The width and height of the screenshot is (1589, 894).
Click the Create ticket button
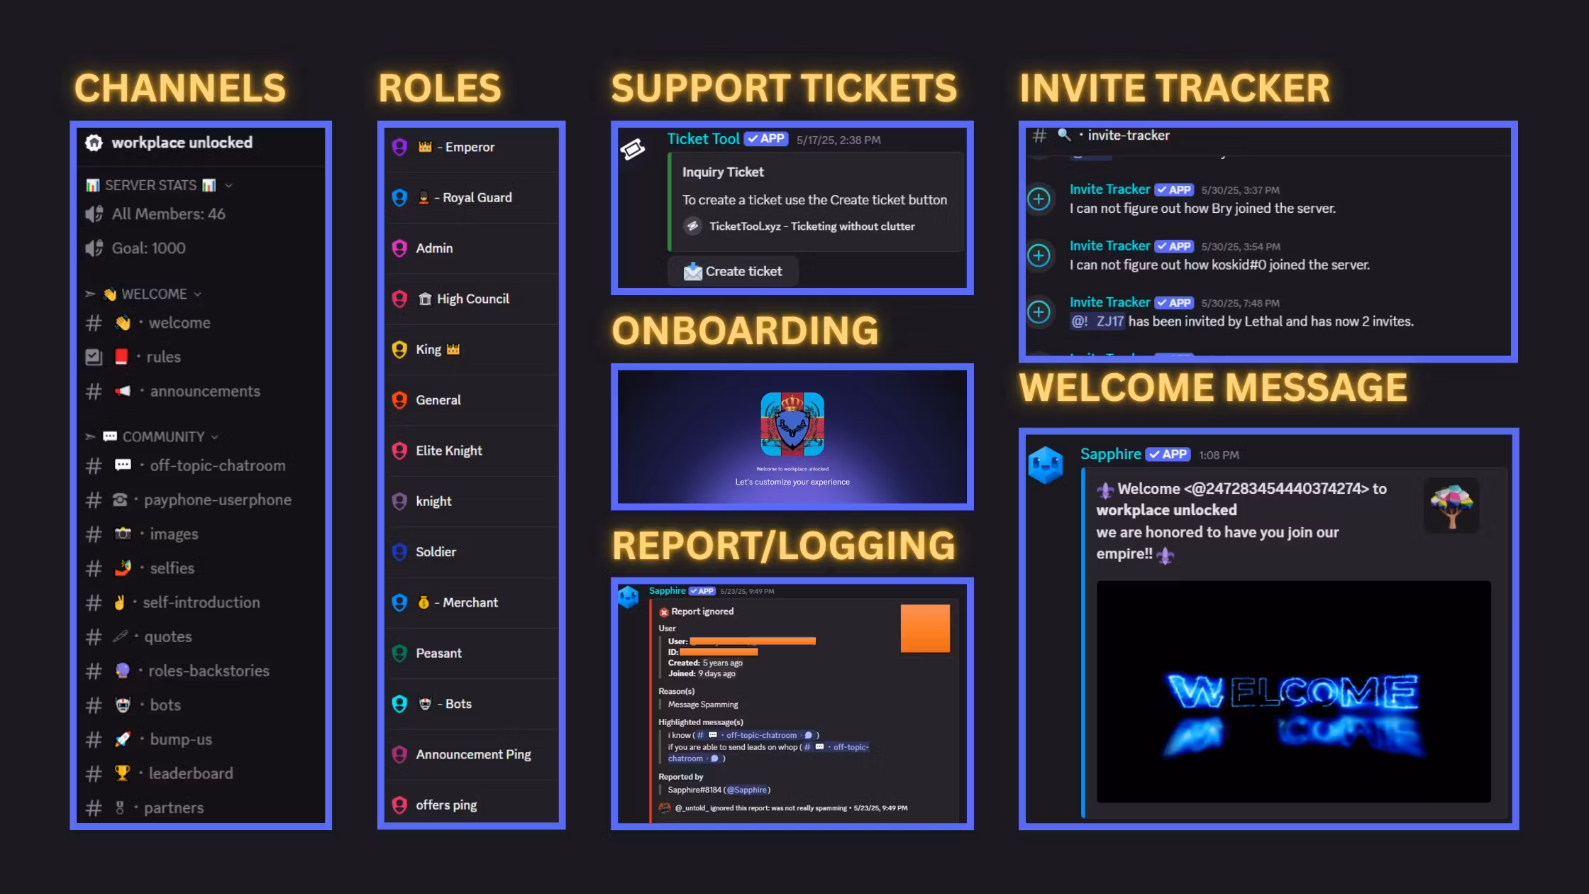[733, 271]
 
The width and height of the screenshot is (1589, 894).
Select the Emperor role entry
[469, 147]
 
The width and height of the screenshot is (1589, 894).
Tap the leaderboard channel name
[190, 773]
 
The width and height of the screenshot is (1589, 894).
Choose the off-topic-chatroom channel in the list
[217, 465]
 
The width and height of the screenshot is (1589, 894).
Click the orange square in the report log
[925, 628]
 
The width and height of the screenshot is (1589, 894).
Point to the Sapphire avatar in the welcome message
[1045, 465]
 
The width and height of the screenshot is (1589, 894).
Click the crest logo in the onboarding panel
[792, 424]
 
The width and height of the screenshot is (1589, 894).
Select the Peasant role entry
[438, 653]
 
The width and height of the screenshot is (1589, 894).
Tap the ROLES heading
[440, 88]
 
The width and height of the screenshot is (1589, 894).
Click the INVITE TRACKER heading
[1175, 88]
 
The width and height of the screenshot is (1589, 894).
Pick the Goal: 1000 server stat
[148, 248]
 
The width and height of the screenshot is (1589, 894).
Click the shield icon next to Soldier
[399, 552]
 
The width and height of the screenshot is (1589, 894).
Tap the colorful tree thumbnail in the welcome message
[1451, 506]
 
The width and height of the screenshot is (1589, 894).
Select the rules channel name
[163, 357]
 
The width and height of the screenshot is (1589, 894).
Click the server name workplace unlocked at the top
[182, 143]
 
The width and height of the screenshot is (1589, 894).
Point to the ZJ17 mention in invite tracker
[1109, 321]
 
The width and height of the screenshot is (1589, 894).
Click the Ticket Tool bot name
[703, 139]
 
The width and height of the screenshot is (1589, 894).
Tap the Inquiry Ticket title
[723, 172]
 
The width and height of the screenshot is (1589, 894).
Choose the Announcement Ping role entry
[473, 754]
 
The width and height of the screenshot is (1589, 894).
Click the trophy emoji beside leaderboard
[123, 773]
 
